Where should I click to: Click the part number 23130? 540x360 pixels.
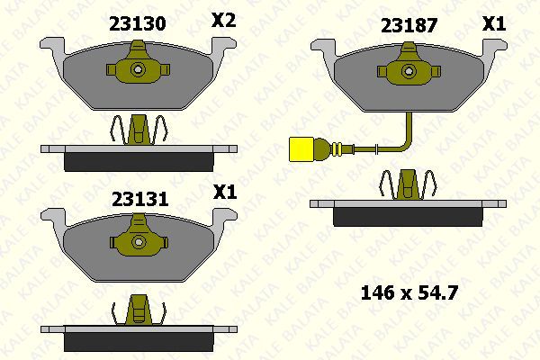pyautogui.click(x=137, y=23)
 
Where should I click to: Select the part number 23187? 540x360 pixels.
pyautogui.click(x=409, y=25)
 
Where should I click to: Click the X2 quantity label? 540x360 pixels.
pyautogui.click(x=222, y=21)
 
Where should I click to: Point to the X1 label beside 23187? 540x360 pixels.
pyautogui.click(x=493, y=24)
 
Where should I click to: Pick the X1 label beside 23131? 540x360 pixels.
pyautogui.click(x=223, y=192)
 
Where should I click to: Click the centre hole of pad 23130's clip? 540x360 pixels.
pyautogui.click(x=138, y=69)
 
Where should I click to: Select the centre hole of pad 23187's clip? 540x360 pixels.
pyautogui.click(x=407, y=70)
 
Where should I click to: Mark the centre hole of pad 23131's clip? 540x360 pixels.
pyautogui.click(x=138, y=241)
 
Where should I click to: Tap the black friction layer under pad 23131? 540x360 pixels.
pyautogui.click(x=137, y=343)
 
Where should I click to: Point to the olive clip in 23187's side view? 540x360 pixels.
pyautogui.click(x=407, y=185)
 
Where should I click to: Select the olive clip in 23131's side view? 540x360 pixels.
pyautogui.click(x=138, y=309)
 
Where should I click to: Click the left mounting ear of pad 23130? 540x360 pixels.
pyautogui.click(x=52, y=45)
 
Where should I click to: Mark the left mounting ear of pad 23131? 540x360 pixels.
pyautogui.click(x=52, y=218)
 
